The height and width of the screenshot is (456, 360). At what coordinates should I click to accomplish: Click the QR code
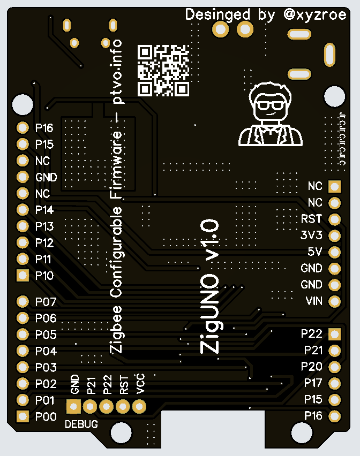point(163,70)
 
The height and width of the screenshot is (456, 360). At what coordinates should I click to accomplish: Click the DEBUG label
point(81,424)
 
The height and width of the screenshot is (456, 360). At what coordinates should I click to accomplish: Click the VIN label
point(314,301)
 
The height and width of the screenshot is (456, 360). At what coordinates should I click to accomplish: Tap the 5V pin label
point(314,252)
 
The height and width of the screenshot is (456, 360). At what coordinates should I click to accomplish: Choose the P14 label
point(44,210)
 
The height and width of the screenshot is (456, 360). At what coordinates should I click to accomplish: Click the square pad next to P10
point(22,276)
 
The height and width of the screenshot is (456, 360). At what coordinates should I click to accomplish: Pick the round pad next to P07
point(22,302)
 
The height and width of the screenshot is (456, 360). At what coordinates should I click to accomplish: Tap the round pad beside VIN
point(335,301)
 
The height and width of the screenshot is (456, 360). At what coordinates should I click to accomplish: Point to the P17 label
point(313,383)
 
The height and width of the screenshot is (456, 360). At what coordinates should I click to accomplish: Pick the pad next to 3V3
point(335,235)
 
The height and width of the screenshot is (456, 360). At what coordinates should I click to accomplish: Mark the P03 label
point(46,368)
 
